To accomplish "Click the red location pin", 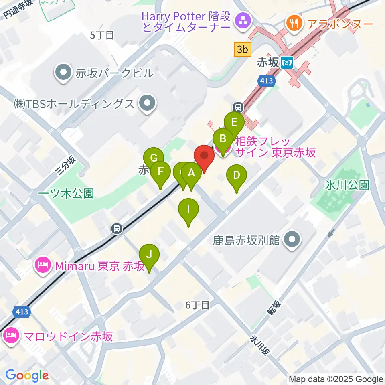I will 204,158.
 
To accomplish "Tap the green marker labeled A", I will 191,174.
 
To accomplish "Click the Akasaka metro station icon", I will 287,62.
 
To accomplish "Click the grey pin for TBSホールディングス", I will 147,103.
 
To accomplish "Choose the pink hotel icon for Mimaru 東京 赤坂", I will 43,265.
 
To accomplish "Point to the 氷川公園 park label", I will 347,185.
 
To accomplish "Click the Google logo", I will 27,375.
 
